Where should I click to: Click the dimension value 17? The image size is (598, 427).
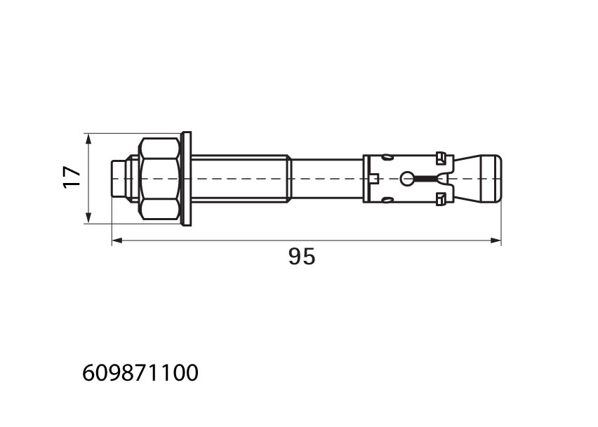[72, 177]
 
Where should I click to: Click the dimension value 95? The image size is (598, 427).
[302, 257]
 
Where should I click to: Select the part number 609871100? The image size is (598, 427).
[140, 372]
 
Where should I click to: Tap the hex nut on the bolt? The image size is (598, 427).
[159, 178]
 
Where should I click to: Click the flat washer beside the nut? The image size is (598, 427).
[187, 179]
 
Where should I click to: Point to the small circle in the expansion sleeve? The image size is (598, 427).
[406, 178]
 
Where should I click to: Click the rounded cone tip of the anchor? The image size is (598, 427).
[490, 178]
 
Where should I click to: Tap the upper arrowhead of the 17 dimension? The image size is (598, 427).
[88, 138]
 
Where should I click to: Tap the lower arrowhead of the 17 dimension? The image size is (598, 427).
[88, 219]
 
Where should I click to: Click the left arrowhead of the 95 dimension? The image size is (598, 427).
[117, 240]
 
